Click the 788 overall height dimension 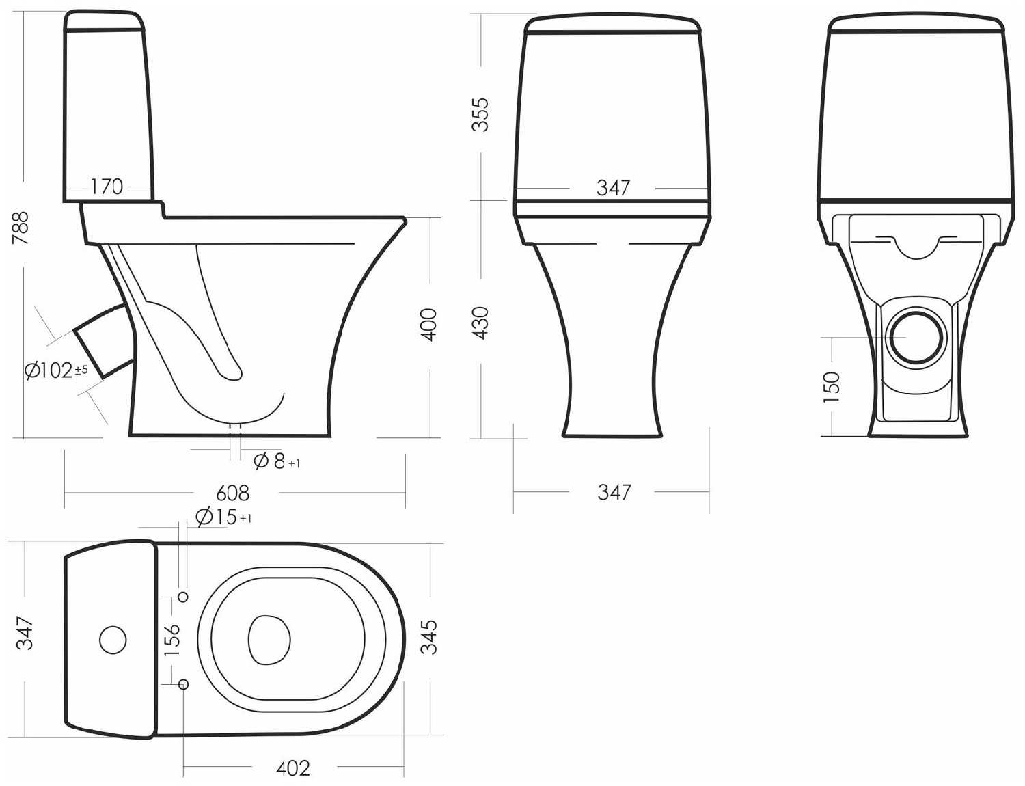pyautogui.click(x=20, y=228)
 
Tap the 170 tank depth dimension pyautogui.click(x=107, y=187)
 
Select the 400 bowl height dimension pyautogui.click(x=428, y=325)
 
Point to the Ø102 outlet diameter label pyautogui.click(x=56, y=370)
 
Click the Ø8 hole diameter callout pyautogui.click(x=277, y=461)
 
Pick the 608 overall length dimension pyautogui.click(x=232, y=493)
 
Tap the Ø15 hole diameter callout pyautogui.click(x=223, y=517)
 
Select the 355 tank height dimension pyautogui.click(x=482, y=115)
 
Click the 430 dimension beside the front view pyautogui.click(x=481, y=323)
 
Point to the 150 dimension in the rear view pyautogui.click(x=832, y=387)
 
